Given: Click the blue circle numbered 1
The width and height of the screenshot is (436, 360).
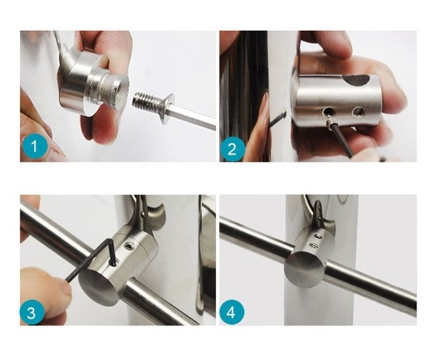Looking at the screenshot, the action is click(34, 146).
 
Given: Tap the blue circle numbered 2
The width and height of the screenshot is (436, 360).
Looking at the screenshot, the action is click(232, 149).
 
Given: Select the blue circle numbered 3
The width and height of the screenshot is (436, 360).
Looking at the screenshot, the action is click(32, 312).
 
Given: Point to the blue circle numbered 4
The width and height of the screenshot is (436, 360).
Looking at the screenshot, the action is click(231, 312).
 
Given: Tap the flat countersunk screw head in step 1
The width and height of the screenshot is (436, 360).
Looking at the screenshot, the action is click(167, 108).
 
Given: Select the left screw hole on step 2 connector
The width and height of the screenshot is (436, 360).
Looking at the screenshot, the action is click(329, 112).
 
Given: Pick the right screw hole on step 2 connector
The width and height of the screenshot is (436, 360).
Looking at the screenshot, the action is click(357, 112).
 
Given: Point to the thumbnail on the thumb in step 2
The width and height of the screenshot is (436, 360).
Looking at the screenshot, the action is click(265, 111).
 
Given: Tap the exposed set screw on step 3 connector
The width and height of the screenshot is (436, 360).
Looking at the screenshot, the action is click(130, 246).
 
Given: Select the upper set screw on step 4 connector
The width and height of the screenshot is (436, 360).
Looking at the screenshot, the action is click(317, 236).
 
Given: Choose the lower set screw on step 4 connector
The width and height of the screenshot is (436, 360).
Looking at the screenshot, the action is click(313, 245).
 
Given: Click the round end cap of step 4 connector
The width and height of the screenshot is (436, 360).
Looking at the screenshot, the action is click(305, 269).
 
